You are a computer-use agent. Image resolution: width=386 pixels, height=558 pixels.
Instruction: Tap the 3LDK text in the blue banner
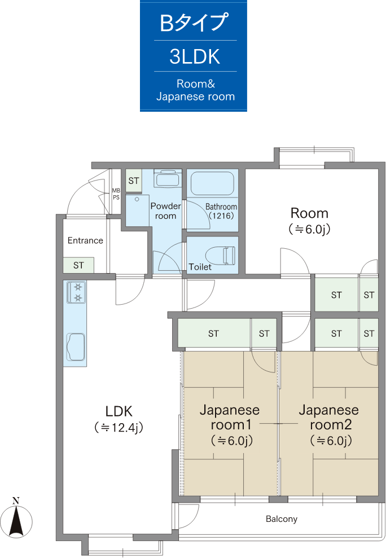[195, 56]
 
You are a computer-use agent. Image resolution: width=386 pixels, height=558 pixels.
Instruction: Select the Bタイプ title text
[194, 23]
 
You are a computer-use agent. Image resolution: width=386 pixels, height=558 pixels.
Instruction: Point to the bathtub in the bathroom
[212, 183]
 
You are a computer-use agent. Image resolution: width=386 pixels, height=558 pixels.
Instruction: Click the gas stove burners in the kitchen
[78, 292]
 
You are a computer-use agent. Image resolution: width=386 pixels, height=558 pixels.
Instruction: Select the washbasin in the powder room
[168, 178]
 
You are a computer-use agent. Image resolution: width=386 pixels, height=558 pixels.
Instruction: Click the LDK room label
[119, 411]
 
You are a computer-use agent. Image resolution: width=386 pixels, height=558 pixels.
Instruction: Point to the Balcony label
[281, 519]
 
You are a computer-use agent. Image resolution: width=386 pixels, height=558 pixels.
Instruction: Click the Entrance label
[85, 240]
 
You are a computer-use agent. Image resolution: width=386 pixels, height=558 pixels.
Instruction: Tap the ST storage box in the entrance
[78, 265]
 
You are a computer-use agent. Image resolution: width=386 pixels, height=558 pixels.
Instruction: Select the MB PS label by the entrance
[116, 194]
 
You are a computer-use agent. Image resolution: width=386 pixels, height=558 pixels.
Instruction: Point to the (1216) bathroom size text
[221, 216]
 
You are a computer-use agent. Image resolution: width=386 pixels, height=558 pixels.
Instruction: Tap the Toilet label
[200, 267]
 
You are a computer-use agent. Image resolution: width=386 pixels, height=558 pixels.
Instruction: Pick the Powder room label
[165, 210]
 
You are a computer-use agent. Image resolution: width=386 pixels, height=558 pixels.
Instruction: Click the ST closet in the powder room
[134, 181]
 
